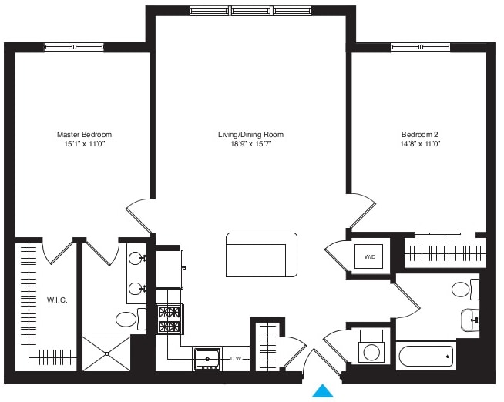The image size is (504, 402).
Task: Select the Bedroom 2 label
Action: tap(419, 134)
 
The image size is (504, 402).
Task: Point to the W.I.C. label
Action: tap(57, 300)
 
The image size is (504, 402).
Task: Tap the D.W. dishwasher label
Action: tap(236, 359)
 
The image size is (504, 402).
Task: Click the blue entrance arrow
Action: tap(323, 391)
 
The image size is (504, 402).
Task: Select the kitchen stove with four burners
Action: tap(169, 320)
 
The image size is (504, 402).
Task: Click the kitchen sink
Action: tap(207, 358)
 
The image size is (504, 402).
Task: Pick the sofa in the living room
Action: tap(261, 255)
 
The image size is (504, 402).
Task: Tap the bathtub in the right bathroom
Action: tap(425, 357)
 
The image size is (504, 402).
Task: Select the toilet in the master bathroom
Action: tap(129, 319)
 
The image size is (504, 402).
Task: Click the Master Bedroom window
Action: tap(74, 47)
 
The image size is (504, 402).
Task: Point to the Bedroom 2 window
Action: tap(421, 47)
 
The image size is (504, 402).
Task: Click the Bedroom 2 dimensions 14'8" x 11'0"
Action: tap(419, 144)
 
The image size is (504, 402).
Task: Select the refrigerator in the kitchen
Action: tap(170, 267)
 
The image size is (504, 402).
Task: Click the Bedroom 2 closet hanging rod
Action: tap(445, 253)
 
